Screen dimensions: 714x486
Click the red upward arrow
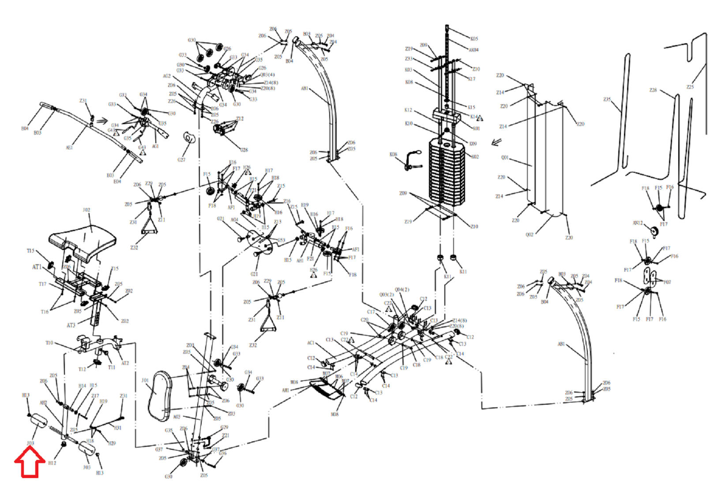point(30,462)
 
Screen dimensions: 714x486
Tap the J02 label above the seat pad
point(86,210)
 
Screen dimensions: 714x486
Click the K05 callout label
point(474,39)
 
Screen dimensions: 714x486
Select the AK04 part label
point(473,50)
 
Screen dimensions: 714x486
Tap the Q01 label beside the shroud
point(505,158)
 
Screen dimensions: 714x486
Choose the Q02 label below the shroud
point(529,235)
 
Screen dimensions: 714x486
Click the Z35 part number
point(607,100)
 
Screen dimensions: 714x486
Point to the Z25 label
point(690,87)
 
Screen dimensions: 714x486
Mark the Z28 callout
point(653,90)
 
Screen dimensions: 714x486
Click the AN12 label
point(637,223)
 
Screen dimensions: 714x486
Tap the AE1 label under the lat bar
point(69,148)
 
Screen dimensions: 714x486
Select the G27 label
point(181,160)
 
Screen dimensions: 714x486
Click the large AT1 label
point(37,267)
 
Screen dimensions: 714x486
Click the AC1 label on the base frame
point(311,343)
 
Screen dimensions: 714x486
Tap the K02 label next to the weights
point(475,157)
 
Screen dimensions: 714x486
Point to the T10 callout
point(49,343)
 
